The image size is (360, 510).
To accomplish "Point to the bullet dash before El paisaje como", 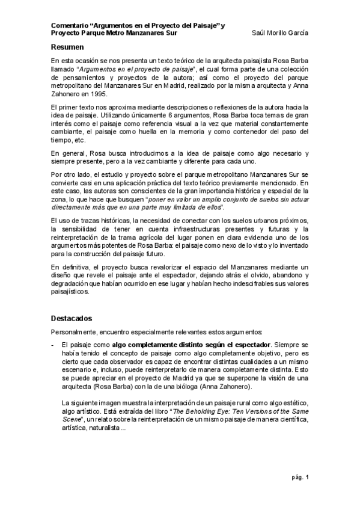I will click(x=53, y=345).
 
